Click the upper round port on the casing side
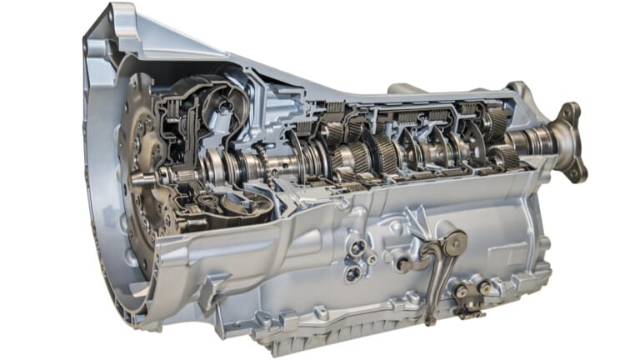tap(357, 247)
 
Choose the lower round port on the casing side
tap(353, 272)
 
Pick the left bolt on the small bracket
tap(461, 291)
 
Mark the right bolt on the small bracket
tap(482, 287)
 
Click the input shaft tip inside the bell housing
tap(140, 177)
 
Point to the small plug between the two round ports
tap(372, 260)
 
